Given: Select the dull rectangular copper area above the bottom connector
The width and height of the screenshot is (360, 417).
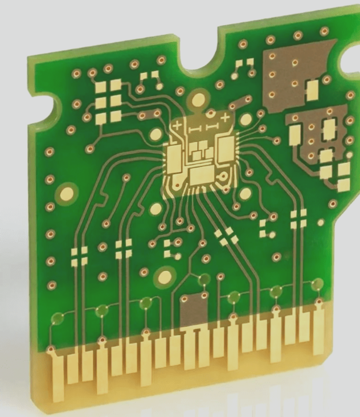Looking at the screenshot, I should (193, 311).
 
